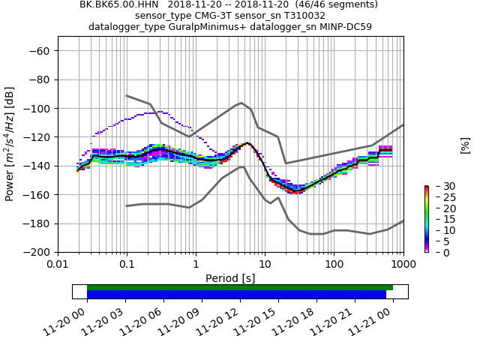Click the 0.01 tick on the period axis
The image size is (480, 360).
tap(58, 265)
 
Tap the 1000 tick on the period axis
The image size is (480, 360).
tap(403, 265)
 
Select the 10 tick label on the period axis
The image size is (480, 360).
tap(265, 265)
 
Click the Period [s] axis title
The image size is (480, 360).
tap(230, 278)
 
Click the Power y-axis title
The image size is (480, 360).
tap(10, 144)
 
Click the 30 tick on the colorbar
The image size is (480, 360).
tap(440, 186)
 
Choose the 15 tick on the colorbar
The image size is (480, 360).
tap(440, 219)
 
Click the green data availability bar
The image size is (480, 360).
tap(240, 287)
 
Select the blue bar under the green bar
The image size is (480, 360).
tap(236, 295)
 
